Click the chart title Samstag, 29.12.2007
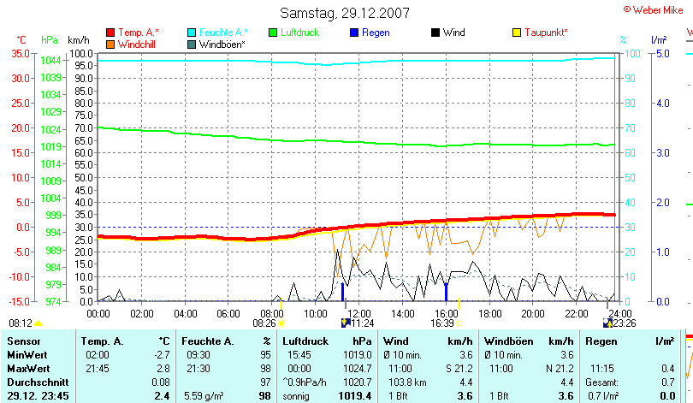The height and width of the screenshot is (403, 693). [x=345, y=13]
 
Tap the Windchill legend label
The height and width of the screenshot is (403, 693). [x=137, y=44]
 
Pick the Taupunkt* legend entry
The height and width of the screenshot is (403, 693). [x=546, y=33]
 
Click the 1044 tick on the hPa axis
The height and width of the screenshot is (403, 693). [x=50, y=60]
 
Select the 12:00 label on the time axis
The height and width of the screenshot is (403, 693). [x=360, y=313]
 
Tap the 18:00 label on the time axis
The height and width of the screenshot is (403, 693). [x=490, y=313]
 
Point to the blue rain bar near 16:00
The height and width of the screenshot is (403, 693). [x=446, y=291]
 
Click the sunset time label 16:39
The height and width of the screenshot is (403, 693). [x=442, y=323]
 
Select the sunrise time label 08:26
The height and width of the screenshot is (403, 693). [x=264, y=323]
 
